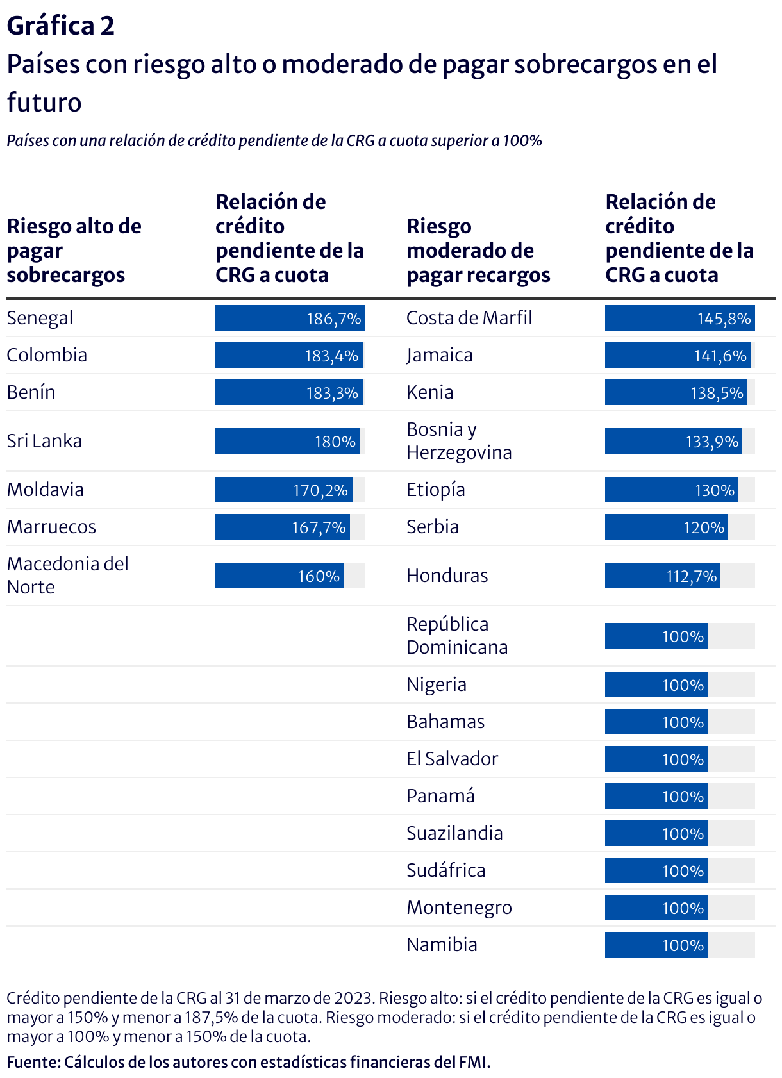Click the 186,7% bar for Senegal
[290, 318]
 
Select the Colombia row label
[47, 355]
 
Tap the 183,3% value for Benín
[332, 393]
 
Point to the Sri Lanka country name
[44, 441]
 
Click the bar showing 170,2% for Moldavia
[284, 490]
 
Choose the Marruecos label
[51, 527]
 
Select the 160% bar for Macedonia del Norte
[279, 576]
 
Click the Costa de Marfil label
[469, 318]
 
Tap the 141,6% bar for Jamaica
[676, 355]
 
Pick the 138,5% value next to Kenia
[717, 393]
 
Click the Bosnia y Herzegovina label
[459, 441]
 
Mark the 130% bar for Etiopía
[671, 490]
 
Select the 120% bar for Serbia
[666, 527]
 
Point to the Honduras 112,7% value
[692, 576]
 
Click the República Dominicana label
[457, 636]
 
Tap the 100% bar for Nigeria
[656, 684]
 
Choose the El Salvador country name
[452, 759]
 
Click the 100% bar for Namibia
[656, 945]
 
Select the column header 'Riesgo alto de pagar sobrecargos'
[74, 251]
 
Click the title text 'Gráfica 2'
[60, 26]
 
